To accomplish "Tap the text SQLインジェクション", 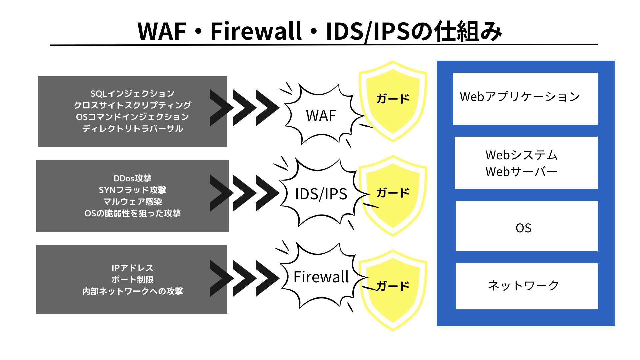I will [132, 93].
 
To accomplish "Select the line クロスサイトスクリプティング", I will [132, 105].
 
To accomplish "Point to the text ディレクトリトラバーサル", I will [132, 129].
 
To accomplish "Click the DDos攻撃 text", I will [132, 178].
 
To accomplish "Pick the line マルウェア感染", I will [132, 202].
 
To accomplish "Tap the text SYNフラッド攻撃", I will [132, 190].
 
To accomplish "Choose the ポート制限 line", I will [132, 279].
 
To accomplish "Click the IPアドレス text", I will [132, 268].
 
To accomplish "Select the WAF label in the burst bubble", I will [321, 116].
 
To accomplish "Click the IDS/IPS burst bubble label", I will [321, 194].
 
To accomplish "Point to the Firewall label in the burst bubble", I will [321, 277].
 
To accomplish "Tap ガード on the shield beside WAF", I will [393, 99].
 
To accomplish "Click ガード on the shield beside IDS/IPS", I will [393, 193].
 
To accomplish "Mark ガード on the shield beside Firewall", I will [393, 286].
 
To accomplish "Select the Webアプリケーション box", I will [525, 99].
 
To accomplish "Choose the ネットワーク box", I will [526, 286].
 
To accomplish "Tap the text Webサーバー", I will [521, 172].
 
